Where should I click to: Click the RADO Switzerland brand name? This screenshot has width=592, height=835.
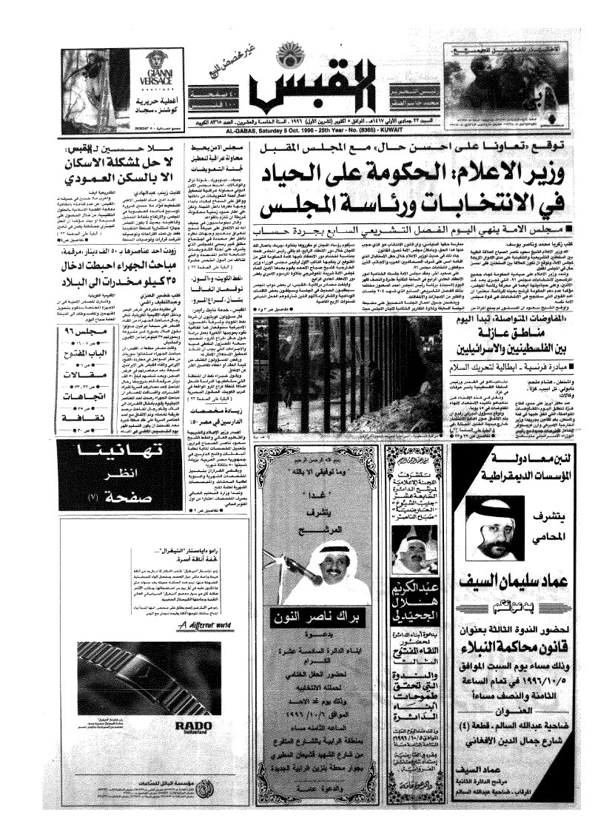[188, 726]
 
